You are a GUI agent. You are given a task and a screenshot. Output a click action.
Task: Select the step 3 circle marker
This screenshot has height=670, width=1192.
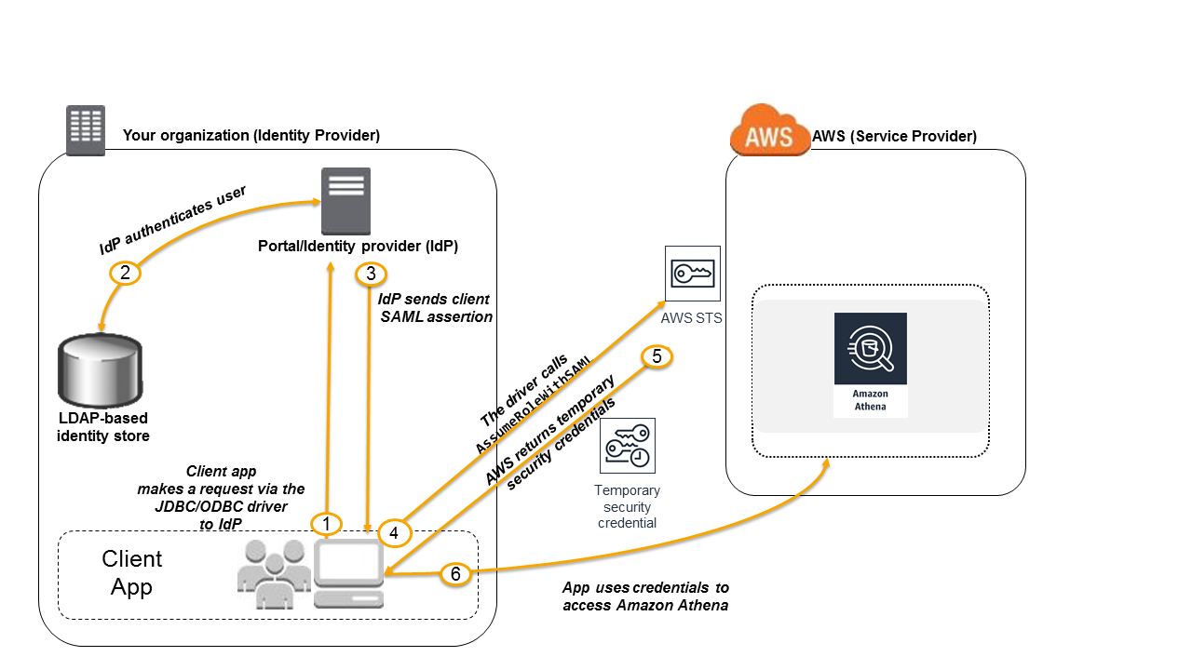[371, 274]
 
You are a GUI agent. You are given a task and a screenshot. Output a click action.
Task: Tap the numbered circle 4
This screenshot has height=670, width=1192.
[394, 532]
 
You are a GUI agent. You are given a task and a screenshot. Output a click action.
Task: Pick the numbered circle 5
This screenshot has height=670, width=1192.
[657, 356]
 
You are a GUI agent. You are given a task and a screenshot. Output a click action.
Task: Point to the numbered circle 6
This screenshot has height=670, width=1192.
[455, 574]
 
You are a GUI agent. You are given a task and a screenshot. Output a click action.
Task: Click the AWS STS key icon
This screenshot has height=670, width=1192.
[693, 274]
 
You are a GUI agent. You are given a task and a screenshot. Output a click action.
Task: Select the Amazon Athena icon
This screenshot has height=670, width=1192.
[870, 364]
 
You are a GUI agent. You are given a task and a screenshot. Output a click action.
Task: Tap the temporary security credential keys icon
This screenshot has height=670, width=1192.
[628, 446]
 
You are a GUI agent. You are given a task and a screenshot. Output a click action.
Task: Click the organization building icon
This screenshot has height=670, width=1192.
[86, 130]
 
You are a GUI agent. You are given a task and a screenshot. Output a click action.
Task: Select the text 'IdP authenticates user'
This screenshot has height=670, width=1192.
[173, 220]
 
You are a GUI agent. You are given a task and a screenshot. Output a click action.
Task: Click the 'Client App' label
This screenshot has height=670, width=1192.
[131, 572]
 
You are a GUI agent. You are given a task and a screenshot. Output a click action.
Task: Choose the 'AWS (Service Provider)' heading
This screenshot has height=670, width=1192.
[894, 136]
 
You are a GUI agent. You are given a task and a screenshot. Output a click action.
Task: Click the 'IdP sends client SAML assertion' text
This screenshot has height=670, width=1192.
[435, 308]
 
